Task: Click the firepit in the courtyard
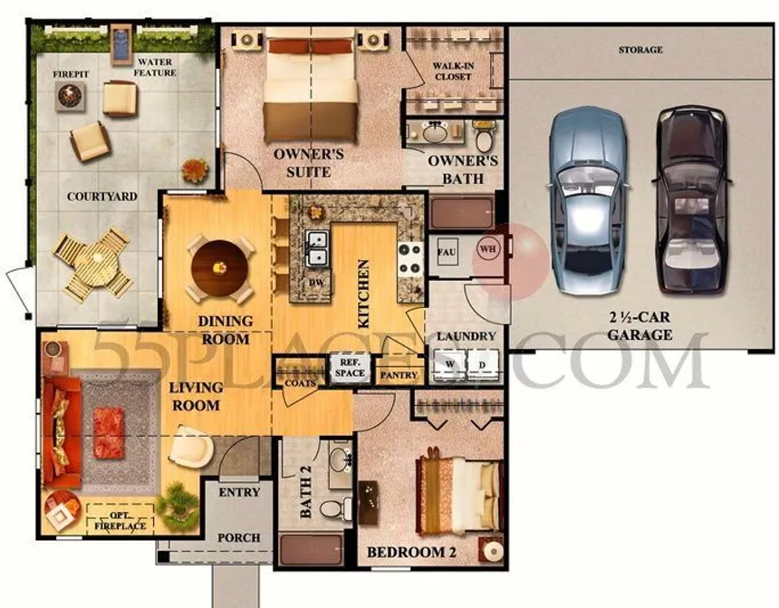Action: pos(70,96)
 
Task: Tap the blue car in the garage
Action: pos(587,201)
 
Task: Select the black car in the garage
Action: pos(692,198)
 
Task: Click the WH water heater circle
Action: pos(488,248)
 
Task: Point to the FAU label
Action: pos(447,252)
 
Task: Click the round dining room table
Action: pos(219,268)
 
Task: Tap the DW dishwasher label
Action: pos(316,283)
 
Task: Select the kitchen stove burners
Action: pos(411,258)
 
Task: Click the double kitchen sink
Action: pos(316,248)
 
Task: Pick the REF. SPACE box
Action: pos(351,368)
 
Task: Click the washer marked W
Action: pos(449,365)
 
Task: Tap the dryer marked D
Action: pos(483,365)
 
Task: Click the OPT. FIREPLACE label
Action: pos(120,520)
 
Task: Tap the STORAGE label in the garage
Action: pos(640,50)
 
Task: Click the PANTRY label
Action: pos(399,375)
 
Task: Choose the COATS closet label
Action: pos(300,383)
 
